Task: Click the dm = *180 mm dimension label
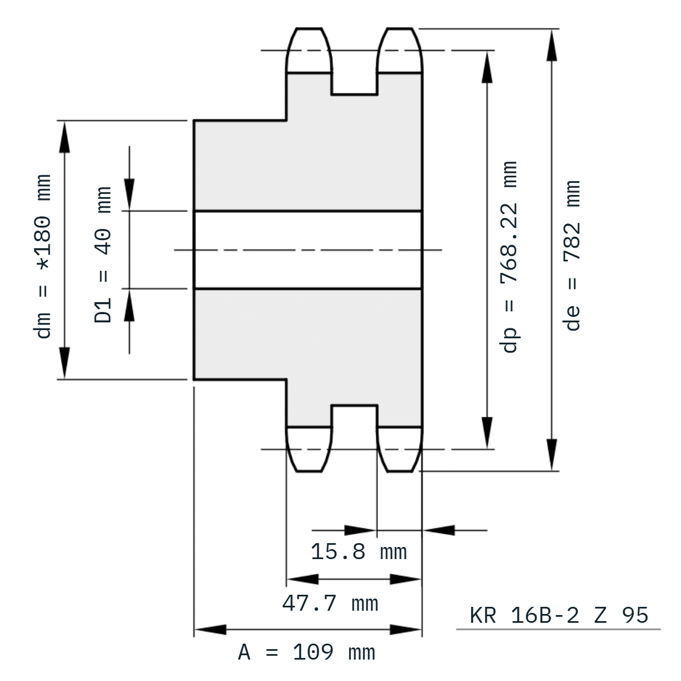pos(42,256)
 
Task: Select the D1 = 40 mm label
pos(103,255)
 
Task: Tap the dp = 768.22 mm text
pos(509,257)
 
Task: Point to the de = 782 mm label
pos(572,255)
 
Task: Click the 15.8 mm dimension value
pos(359,551)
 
